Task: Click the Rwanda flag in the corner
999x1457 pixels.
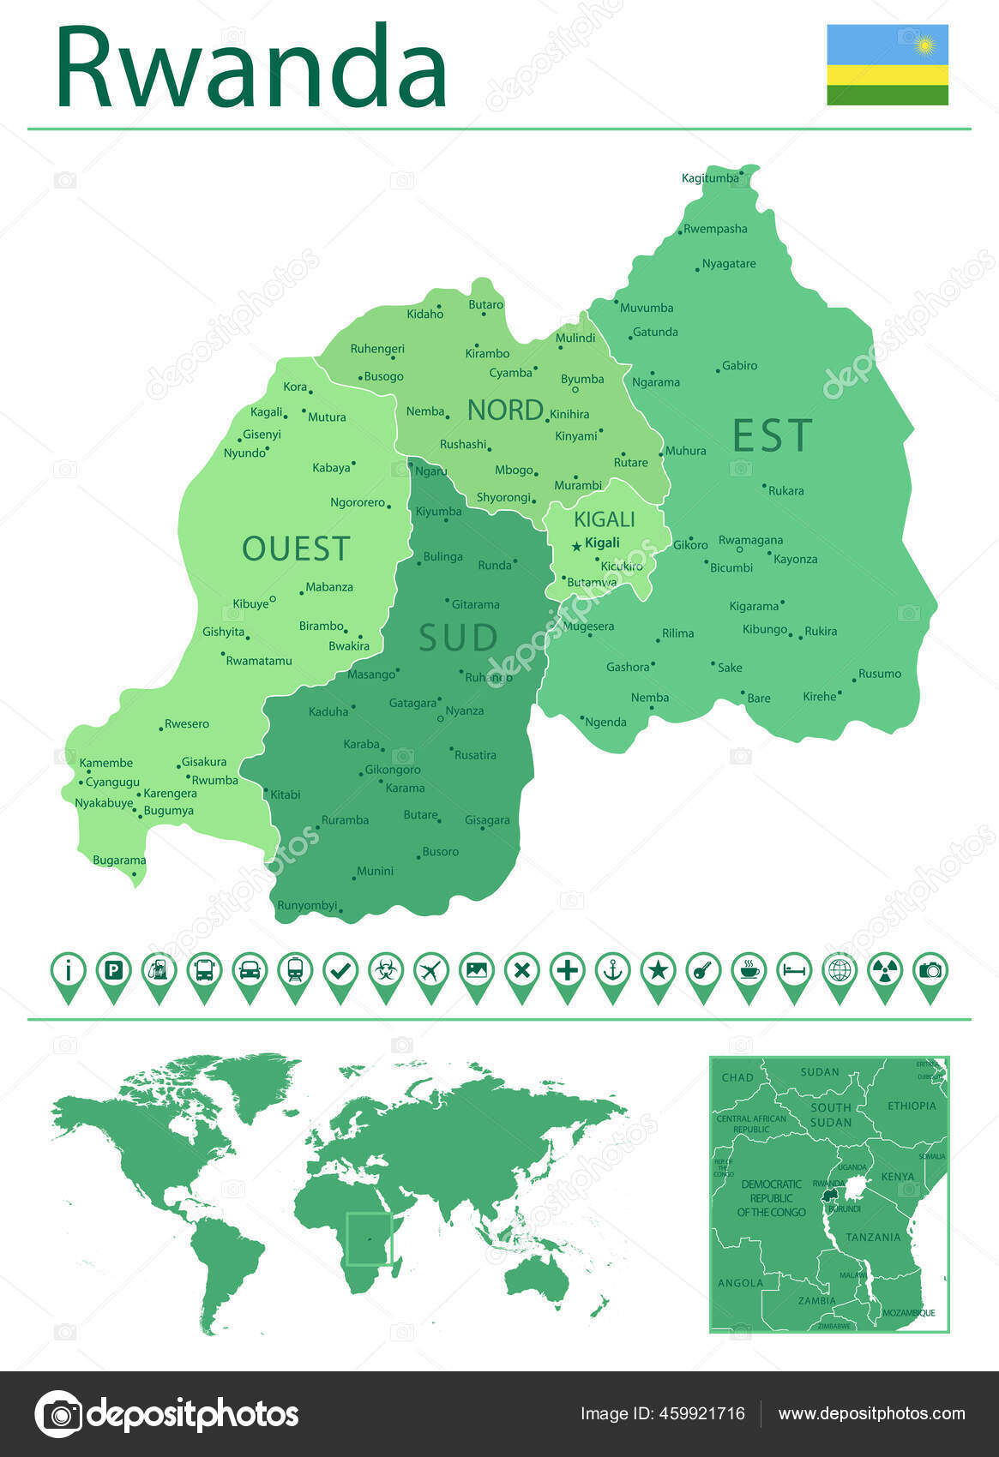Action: click(x=888, y=64)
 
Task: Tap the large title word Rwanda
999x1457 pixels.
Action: click(x=251, y=67)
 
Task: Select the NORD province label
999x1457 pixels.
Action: click(x=505, y=410)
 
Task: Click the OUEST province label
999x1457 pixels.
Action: click(x=296, y=549)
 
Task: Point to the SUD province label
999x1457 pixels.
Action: click(x=458, y=638)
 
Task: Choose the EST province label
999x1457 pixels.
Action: click(x=772, y=435)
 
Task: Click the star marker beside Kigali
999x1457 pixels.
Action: click(x=576, y=546)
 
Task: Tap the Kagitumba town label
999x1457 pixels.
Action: click(x=709, y=178)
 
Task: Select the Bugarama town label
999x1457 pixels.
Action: click(x=119, y=860)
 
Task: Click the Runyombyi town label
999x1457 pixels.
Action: click(x=307, y=905)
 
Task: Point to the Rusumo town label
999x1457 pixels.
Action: click(x=880, y=674)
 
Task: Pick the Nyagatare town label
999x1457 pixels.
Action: click(x=729, y=264)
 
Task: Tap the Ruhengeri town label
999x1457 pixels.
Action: click(x=377, y=349)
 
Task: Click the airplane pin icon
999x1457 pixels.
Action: click(x=430, y=972)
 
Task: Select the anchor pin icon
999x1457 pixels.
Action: click(x=612, y=972)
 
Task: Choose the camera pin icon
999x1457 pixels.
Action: click(x=930, y=972)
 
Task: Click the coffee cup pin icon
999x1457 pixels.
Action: click(x=749, y=972)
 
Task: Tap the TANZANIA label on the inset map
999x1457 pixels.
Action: click(x=873, y=1237)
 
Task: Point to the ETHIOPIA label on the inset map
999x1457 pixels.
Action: click(x=912, y=1106)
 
